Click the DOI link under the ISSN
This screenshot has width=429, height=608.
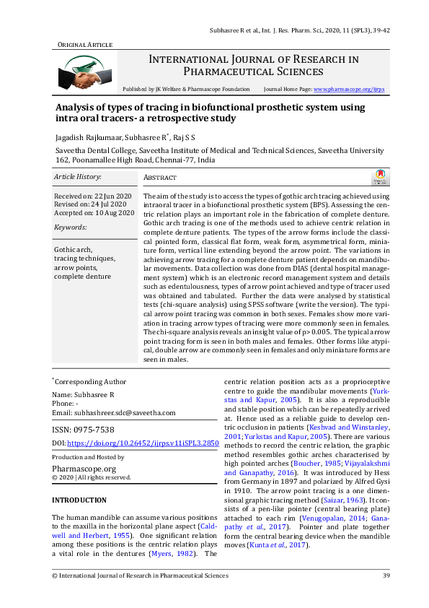point(138,442)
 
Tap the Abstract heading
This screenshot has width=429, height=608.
point(160,178)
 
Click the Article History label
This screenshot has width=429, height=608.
point(78,177)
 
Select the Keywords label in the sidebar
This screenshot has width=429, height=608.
point(70,227)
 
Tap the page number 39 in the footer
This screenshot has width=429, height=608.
point(386,576)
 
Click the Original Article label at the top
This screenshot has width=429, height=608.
point(84,45)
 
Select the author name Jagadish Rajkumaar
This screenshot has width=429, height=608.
point(89,136)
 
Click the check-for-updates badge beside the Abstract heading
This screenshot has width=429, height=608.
point(379,178)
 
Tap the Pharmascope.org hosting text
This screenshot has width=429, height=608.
point(81,467)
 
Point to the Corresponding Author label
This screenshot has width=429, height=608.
point(91,382)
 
